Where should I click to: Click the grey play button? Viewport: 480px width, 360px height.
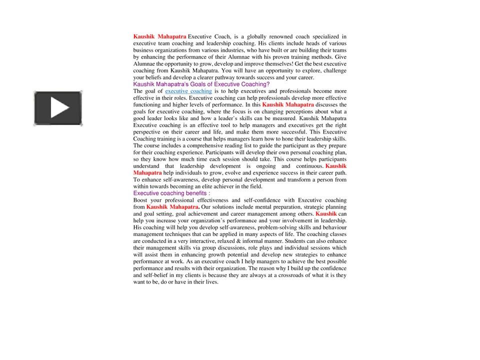click(58, 108)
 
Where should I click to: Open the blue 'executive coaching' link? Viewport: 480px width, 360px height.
click(188, 91)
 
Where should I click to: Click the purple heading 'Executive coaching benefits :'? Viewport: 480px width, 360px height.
click(171, 193)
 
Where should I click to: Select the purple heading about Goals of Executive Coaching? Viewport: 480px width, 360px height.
click(201, 84)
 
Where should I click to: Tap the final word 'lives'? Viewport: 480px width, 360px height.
click(211, 282)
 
